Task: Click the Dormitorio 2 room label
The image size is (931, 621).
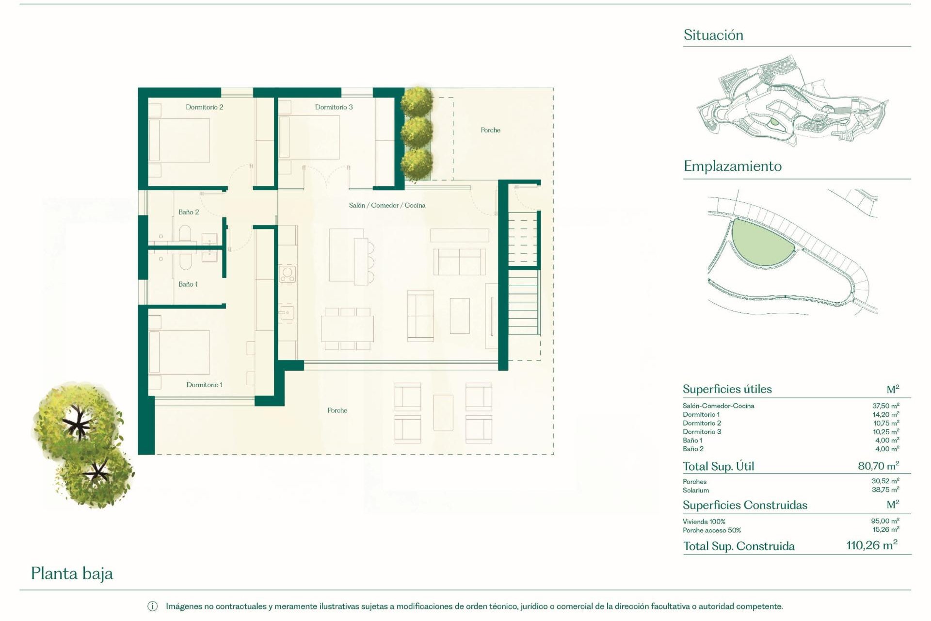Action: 204,107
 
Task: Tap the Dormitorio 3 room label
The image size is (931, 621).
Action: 334,107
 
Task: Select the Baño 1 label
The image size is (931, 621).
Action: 188,284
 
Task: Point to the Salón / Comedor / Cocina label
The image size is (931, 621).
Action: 387,205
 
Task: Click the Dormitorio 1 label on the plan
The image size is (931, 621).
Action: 204,385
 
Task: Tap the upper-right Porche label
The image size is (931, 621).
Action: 490,130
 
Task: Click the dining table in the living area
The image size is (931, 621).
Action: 347,328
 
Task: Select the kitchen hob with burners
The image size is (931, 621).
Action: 287,275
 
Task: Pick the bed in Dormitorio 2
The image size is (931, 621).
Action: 179,141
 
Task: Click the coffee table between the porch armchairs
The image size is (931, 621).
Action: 443,412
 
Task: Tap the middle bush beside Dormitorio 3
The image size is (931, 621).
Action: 417,131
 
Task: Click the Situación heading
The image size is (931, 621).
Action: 713,35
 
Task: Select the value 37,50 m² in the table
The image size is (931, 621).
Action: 885,406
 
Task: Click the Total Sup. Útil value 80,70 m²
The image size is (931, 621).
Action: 878,466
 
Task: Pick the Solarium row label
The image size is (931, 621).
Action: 695,490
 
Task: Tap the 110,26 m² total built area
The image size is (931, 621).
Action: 871,545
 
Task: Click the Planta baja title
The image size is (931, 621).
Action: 72,573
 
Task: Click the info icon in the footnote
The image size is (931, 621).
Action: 152,606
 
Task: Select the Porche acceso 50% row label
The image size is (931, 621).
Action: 711,530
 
